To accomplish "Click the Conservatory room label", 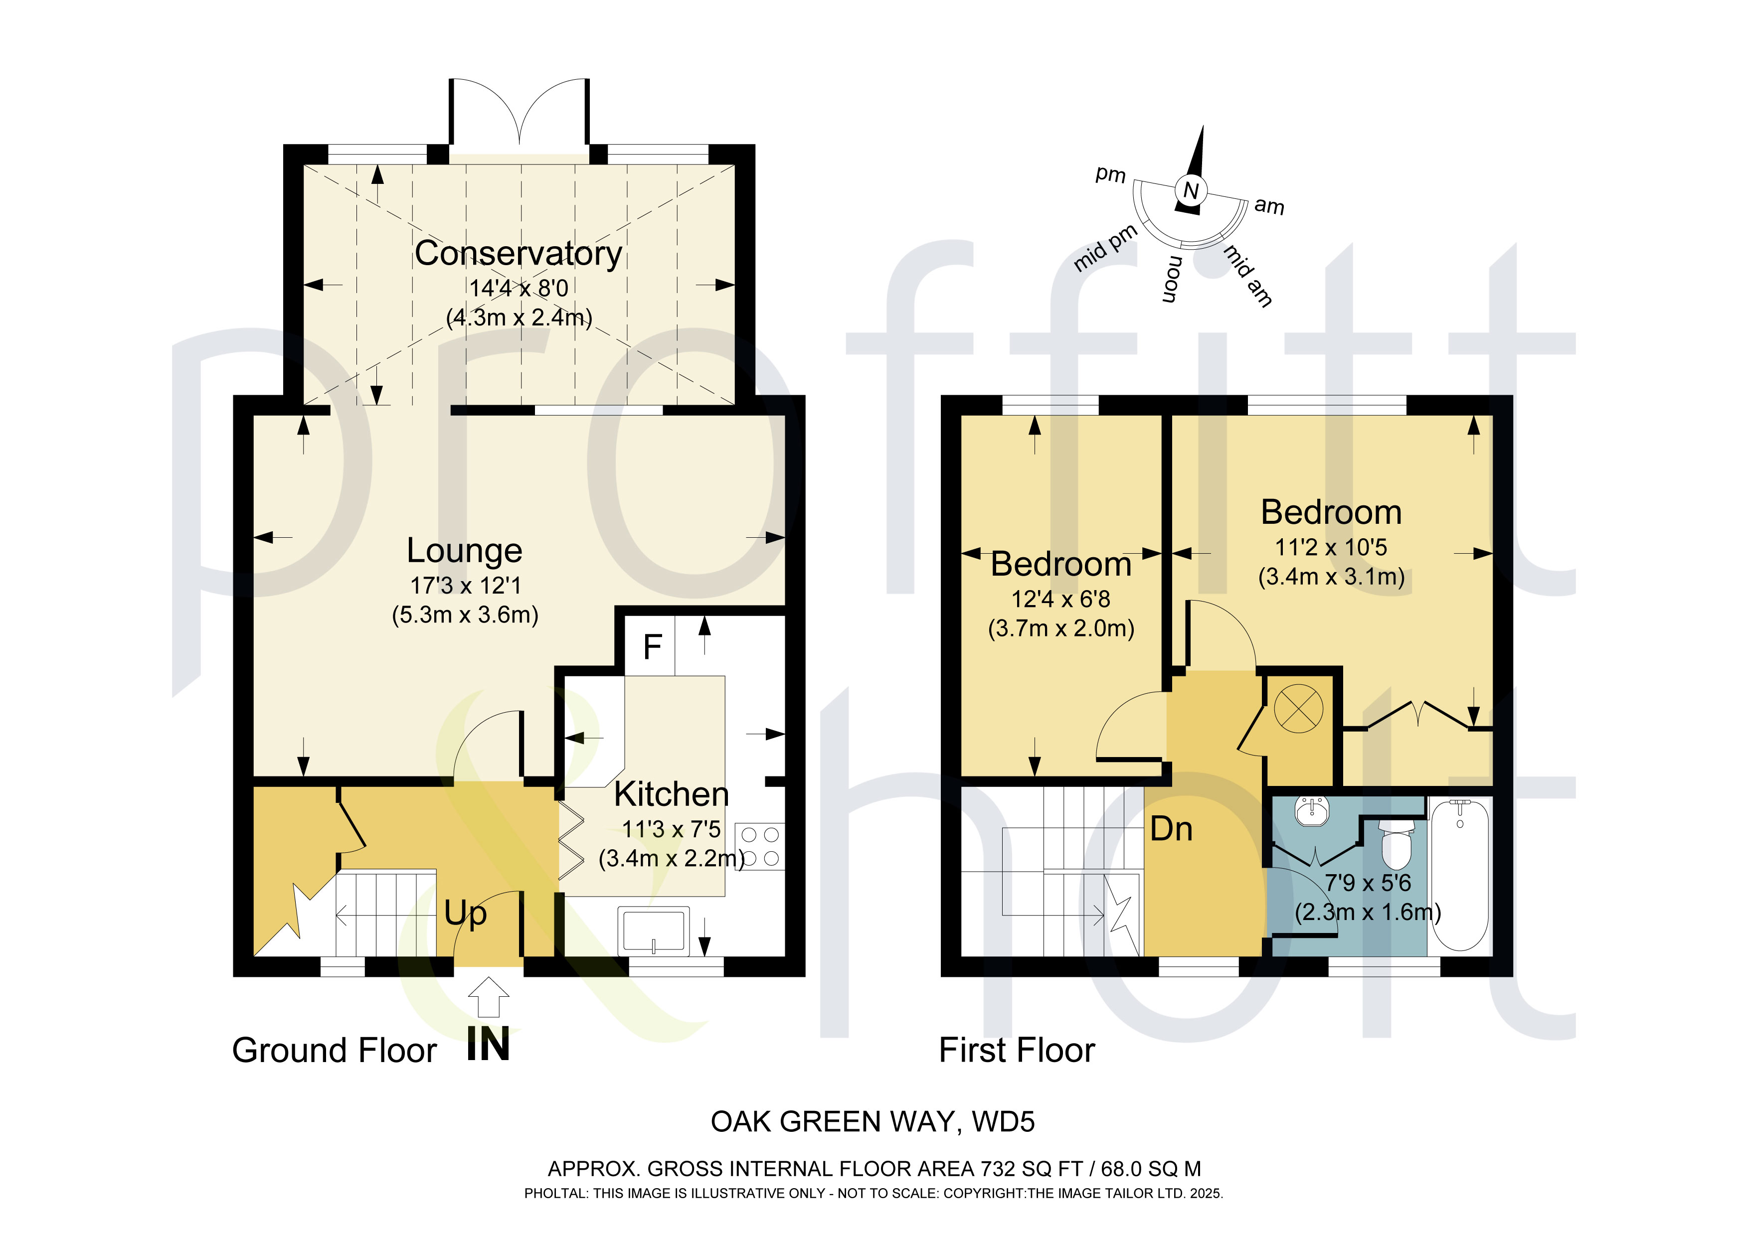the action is (518, 254).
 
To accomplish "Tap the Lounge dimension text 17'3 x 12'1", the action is (466, 585).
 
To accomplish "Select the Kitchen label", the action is (671, 794).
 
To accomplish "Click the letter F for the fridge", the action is (652, 647).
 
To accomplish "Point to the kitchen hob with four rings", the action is (759, 846).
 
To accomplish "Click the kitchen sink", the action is (654, 931).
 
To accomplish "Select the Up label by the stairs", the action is (466, 913).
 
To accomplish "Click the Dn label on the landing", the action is (1171, 829).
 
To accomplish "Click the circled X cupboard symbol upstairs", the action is (1298, 708).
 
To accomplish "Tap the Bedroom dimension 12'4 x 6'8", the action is (1060, 600).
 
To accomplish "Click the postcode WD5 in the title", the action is (1003, 1122).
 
